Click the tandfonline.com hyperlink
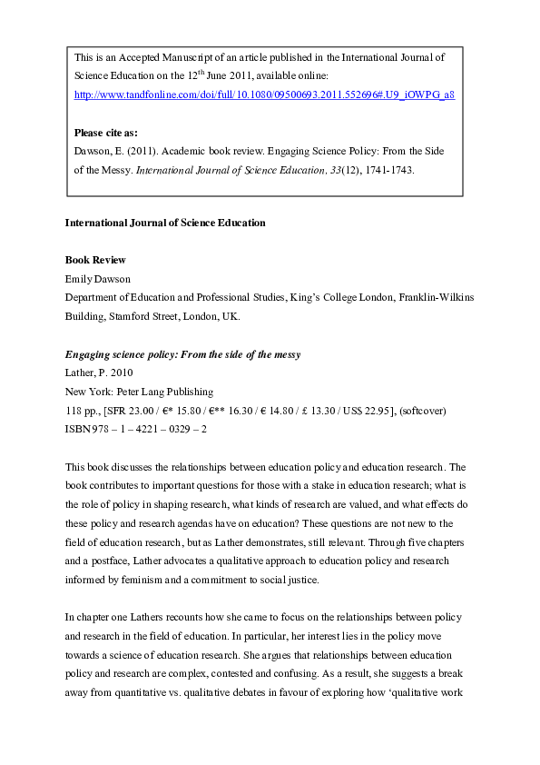click(x=264, y=94)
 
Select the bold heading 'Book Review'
click(x=95, y=260)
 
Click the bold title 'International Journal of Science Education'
click(x=165, y=222)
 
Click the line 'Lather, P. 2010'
click(x=97, y=373)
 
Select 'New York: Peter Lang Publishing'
click(x=139, y=392)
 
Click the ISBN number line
click(x=136, y=430)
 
